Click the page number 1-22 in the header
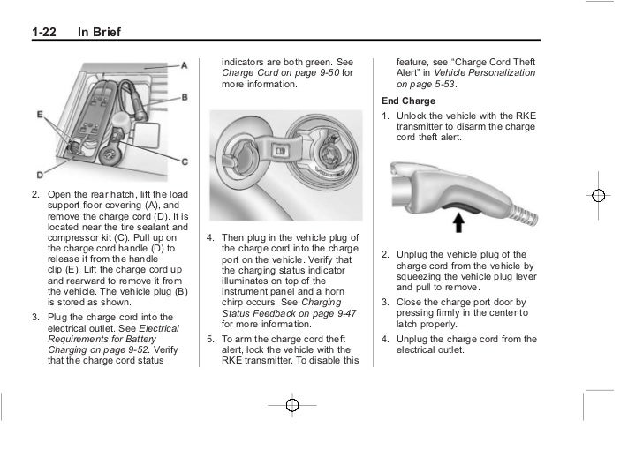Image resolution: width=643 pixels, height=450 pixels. pyautogui.click(x=44, y=34)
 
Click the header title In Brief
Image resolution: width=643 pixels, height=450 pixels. pyautogui.click(x=99, y=34)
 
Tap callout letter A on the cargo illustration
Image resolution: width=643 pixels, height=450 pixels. pyautogui.click(x=184, y=65)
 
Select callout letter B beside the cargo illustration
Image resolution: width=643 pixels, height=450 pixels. pyautogui.click(x=184, y=97)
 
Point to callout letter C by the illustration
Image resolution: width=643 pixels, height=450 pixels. pyautogui.click(x=184, y=161)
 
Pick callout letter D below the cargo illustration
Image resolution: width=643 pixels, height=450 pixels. pyautogui.click(x=41, y=175)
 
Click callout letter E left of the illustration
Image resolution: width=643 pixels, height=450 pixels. pyautogui.click(x=41, y=115)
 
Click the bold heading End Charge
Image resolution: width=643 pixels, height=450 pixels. pyautogui.click(x=407, y=101)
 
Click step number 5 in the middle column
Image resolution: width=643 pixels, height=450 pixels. pyautogui.click(x=210, y=337)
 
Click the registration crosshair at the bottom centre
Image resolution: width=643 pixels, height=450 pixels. pyautogui.click(x=292, y=405)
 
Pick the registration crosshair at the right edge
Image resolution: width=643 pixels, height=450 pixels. pyautogui.click(x=599, y=195)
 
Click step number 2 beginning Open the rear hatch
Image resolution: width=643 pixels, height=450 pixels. pyautogui.click(x=34, y=194)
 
